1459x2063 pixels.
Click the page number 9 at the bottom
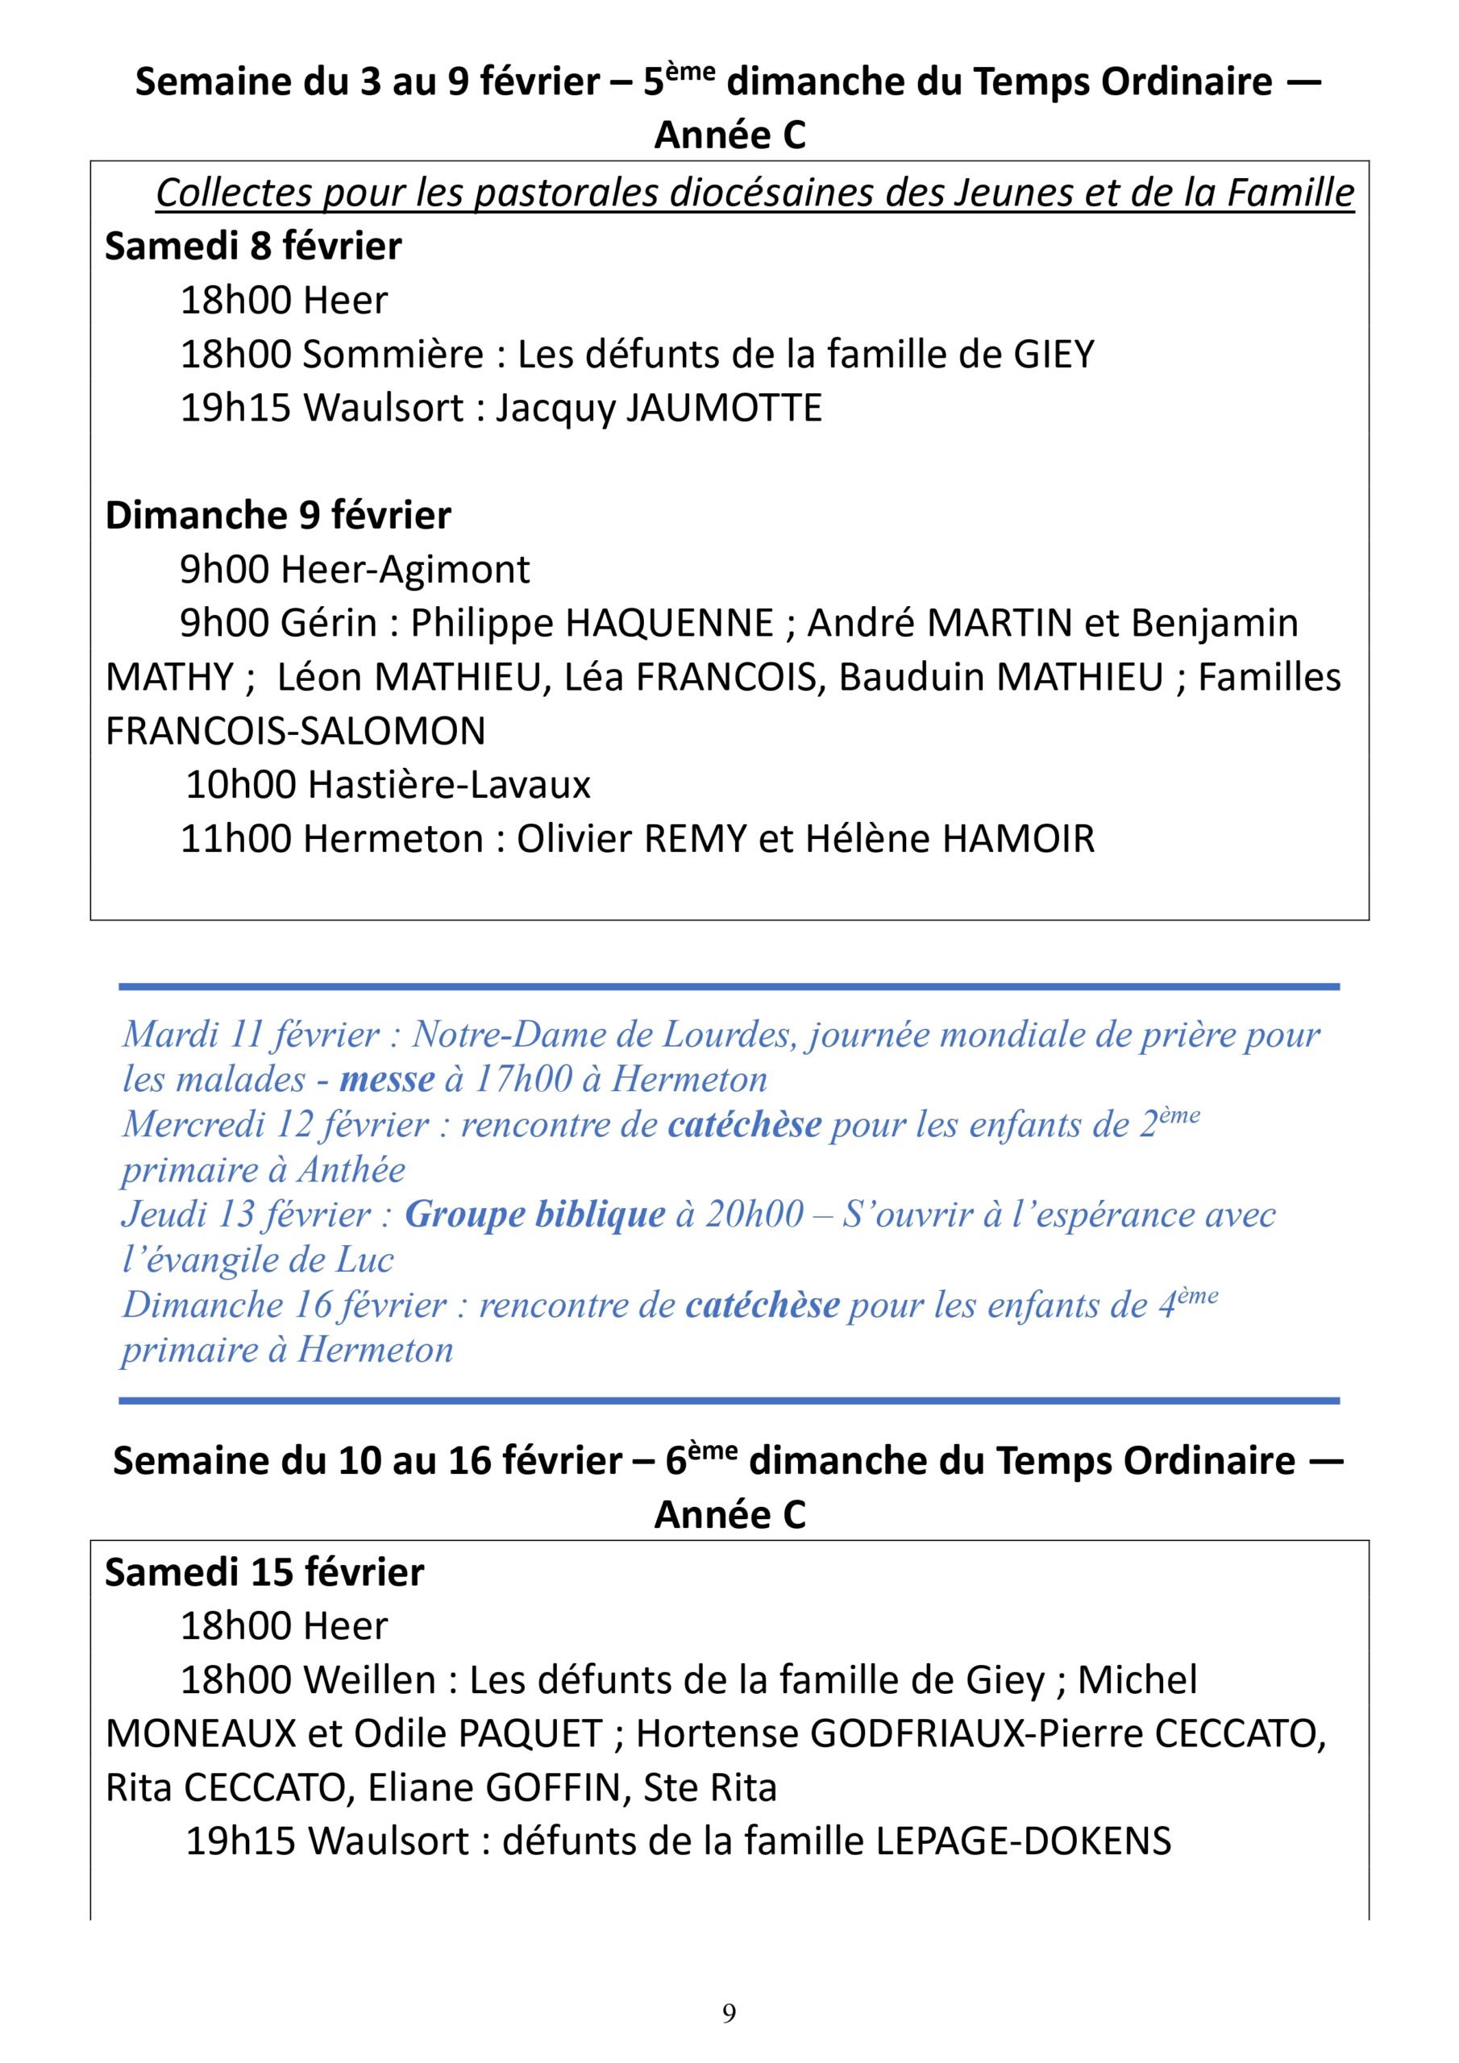pos(729,2013)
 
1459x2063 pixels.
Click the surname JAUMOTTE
pos(724,408)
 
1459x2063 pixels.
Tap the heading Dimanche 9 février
pos(278,516)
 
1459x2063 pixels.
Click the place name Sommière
pos(393,354)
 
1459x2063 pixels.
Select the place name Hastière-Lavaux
pos(450,785)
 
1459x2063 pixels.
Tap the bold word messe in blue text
pos(387,1079)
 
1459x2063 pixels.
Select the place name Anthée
pos(351,1170)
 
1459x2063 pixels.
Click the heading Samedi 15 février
pos(264,1572)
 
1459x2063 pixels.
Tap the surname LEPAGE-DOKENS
pos(1023,1842)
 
